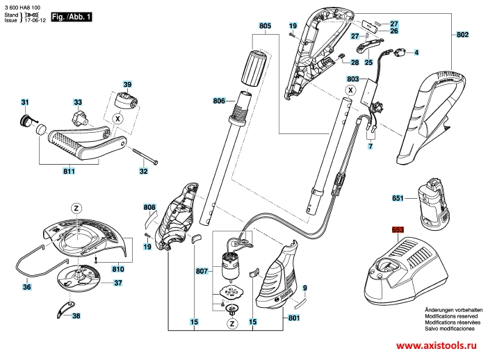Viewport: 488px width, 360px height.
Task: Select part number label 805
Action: pyautogui.click(x=264, y=26)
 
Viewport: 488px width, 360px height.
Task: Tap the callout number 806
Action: pyautogui.click(x=220, y=101)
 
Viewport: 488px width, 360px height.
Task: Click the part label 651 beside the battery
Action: pyautogui.click(x=397, y=198)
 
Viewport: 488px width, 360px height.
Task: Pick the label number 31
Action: pyautogui.click(x=25, y=104)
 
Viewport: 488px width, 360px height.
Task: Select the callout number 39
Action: pyautogui.click(x=127, y=82)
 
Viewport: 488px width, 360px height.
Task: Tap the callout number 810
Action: pyautogui.click(x=117, y=268)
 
